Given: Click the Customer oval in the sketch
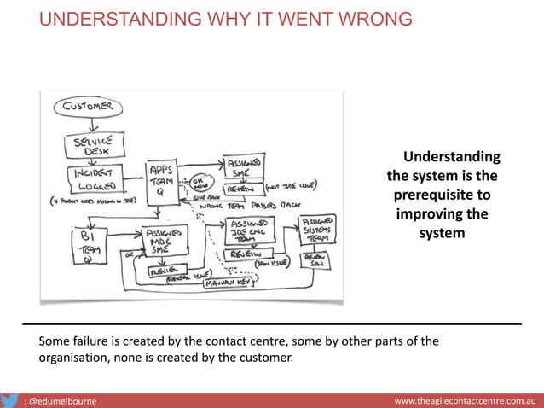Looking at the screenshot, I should pyautogui.click(x=90, y=108).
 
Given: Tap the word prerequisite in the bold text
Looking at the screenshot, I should pyautogui.click(x=442, y=195).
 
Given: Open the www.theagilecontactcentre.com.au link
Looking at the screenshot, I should pyautogui.click(x=464, y=399).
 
